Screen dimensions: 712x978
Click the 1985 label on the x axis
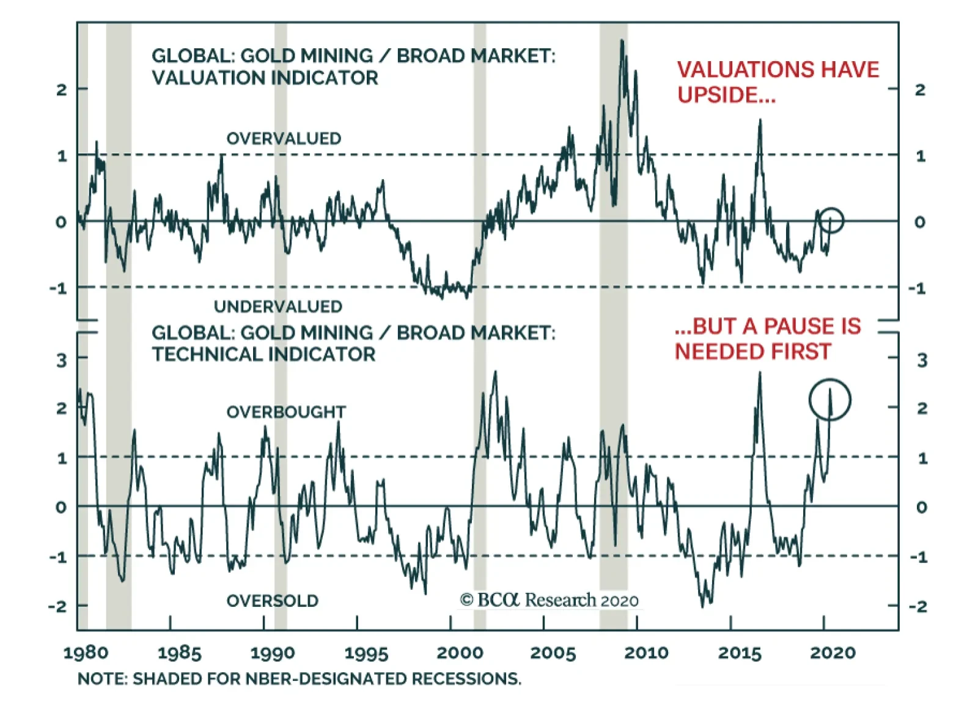179,653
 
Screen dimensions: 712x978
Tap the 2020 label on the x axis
833,653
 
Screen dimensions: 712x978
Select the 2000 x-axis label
460,653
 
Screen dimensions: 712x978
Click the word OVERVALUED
284,139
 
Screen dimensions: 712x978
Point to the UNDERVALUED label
278,306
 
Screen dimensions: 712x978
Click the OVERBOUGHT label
286,412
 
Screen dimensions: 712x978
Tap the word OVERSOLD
272,601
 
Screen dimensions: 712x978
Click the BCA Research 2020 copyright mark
549,600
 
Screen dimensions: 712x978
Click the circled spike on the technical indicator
829,399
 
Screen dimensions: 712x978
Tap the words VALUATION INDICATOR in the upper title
265,78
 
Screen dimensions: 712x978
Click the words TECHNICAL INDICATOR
263,354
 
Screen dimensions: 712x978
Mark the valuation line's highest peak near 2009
622,42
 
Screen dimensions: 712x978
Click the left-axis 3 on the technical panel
61,360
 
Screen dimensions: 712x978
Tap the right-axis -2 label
917,606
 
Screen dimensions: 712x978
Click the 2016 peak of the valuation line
760,121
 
